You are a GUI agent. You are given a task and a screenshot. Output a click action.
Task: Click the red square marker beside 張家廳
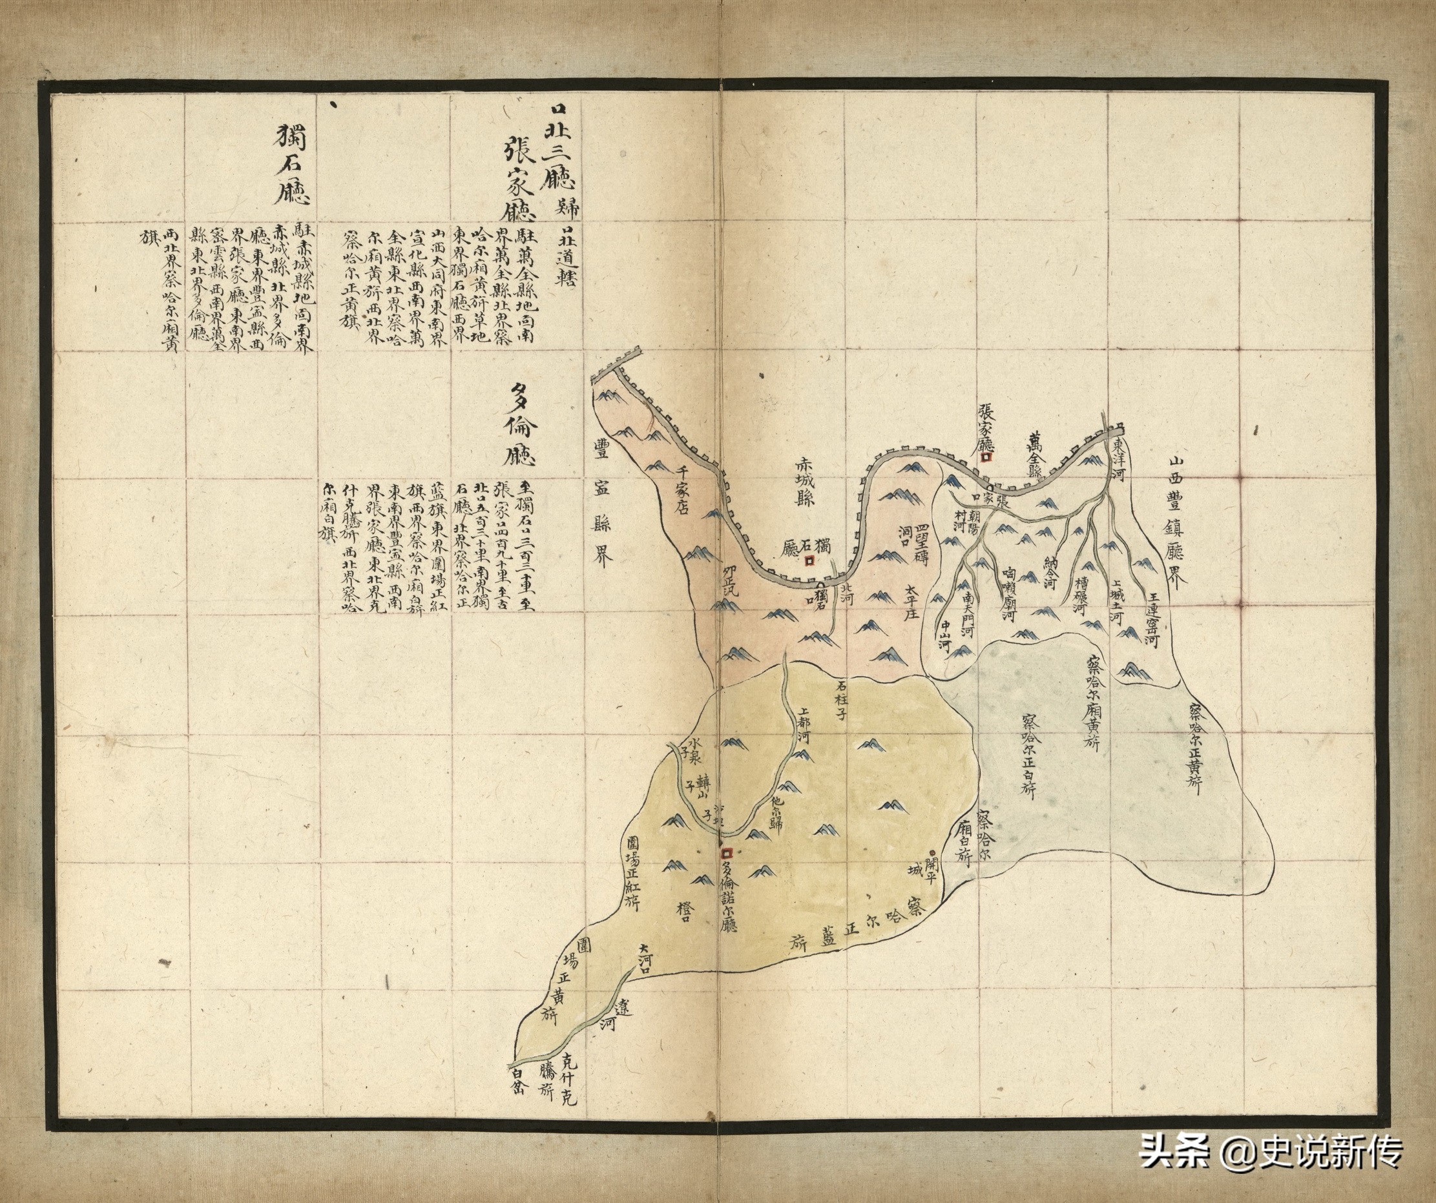[985, 458]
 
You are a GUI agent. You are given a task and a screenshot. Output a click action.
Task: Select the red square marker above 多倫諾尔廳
[727, 854]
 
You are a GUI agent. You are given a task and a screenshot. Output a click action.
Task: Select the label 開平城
[922, 869]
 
